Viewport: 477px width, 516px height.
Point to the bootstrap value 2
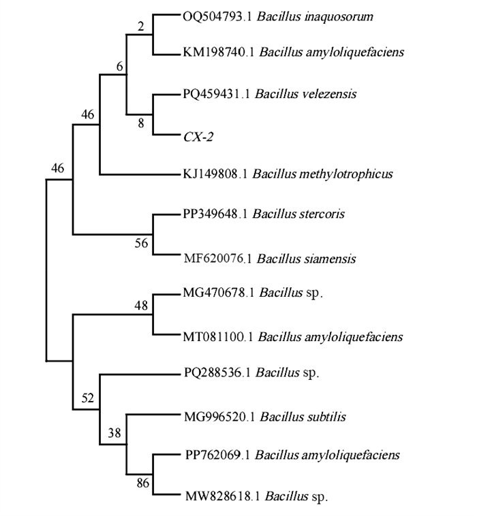click(141, 27)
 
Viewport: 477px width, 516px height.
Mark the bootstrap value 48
click(141, 305)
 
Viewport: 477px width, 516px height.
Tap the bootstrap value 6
click(121, 66)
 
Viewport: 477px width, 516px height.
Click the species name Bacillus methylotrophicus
click(322, 174)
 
